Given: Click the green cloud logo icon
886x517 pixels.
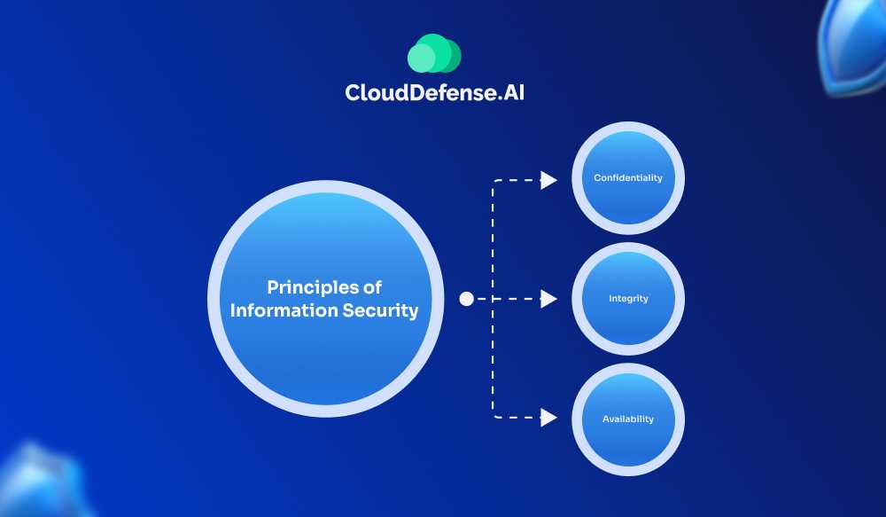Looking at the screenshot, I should (x=434, y=54).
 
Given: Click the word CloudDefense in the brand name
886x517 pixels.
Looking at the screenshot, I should (x=414, y=93).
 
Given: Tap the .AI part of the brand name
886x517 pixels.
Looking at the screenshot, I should (x=504, y=93).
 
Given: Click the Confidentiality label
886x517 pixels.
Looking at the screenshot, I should (x=627, y=178).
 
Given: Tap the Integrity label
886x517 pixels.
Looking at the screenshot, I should (x=628, y=299).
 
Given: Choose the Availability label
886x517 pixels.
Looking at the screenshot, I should (x=628, y=419).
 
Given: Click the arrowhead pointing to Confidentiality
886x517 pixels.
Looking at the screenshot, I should (x=548, y=181).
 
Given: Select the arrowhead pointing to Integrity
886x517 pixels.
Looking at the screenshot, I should (x=548, y=300).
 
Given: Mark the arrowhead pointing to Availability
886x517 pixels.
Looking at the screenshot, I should (x=548, y=417).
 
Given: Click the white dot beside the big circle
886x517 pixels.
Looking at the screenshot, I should (x=467, y=300).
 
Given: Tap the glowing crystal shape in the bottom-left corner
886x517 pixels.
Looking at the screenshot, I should (x=40, y=483).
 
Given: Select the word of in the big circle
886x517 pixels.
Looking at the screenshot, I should (x=373, y=287).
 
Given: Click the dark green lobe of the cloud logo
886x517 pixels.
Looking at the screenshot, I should (x=451, y=56).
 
